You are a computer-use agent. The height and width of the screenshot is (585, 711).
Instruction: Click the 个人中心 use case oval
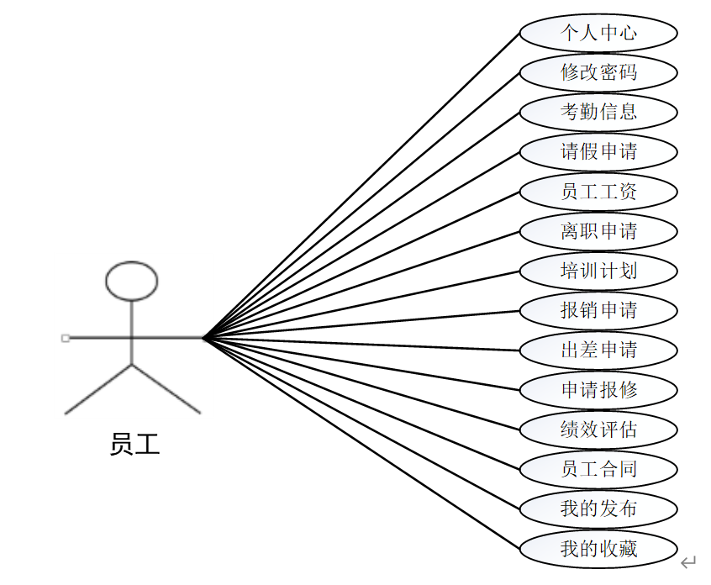point(598,33)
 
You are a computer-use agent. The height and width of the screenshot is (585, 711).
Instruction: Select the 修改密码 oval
point(598,72)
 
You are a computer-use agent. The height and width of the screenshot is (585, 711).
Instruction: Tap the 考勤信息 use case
point(598,112)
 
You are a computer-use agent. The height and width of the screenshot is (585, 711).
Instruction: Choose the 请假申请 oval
point(598,151)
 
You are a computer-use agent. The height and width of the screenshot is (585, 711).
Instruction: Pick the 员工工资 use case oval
point(598,192)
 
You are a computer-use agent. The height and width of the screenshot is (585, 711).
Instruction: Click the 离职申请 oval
point(598,231)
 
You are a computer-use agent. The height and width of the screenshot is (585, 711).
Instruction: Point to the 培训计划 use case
point(598,271)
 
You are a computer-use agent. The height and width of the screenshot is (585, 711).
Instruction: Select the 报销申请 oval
point(598,310)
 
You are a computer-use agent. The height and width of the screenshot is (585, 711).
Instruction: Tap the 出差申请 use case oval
point(598,350)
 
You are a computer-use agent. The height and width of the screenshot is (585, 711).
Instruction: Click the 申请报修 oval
point(598,390)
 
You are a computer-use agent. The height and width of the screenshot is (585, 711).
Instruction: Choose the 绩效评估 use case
point(598,430)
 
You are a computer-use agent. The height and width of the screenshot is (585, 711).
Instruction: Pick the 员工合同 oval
point(598,469)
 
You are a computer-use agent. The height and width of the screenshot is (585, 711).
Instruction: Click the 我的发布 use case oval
point(598,509)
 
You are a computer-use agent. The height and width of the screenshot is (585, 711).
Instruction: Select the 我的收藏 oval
point(598,549)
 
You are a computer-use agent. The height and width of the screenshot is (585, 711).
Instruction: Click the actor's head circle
point(131,281)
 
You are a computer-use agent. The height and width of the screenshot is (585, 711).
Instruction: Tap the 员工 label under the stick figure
point(134,444)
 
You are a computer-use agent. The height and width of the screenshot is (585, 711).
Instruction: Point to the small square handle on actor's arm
point(66,338)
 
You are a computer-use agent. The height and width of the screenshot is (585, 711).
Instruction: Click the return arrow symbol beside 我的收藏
point(688,561)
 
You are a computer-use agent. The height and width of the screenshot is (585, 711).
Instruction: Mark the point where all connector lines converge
point(203,338)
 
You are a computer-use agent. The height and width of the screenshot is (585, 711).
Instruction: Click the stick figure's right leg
point(168,389)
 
